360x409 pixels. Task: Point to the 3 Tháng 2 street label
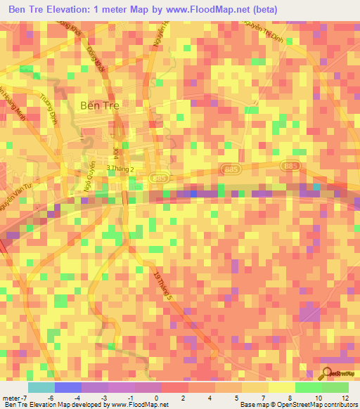point(119,169)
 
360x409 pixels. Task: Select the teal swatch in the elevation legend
point(41,387)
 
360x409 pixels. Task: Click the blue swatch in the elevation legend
point(67,387)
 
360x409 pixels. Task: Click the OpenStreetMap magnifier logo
point(327,372)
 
